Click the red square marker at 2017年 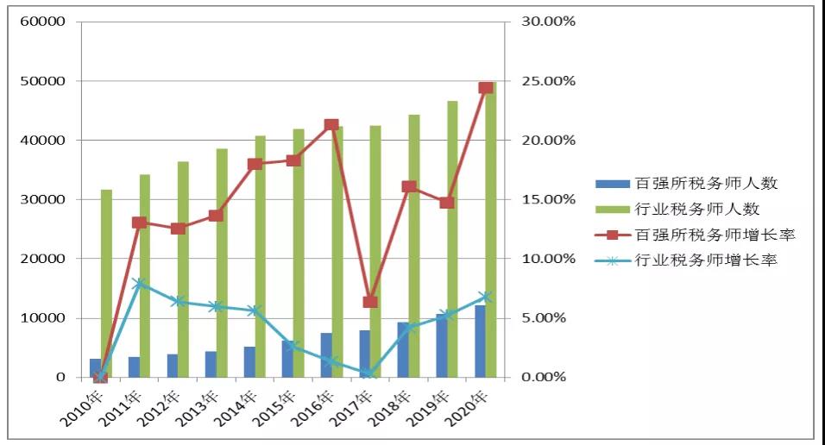[370, 302]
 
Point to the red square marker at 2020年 [485, 88]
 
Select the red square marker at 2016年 [331, 125]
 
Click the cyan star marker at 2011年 [139, 283]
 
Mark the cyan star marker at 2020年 [485, 297]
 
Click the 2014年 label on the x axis [241, 409]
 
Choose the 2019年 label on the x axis [433, 409]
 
